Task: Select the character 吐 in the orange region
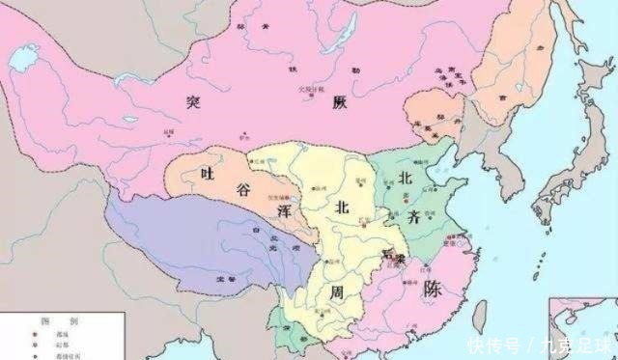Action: coord(203,172)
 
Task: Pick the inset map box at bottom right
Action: coord(582,328)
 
